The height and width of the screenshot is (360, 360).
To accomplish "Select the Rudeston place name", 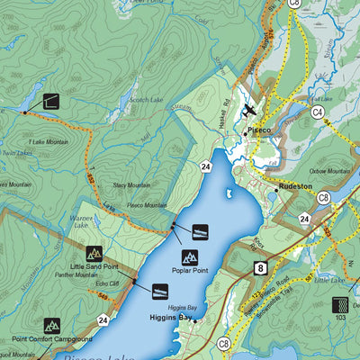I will [294, 186].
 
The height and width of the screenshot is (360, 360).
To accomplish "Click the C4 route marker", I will [318, 112].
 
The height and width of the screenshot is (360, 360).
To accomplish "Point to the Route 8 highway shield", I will [259, 267].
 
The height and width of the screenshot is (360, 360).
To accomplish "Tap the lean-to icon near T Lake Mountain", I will [49, 102].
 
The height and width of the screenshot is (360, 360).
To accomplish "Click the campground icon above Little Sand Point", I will [94, 254].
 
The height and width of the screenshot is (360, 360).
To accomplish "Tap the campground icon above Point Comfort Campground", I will [51, 325].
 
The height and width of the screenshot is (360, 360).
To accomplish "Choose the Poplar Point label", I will [188, 269].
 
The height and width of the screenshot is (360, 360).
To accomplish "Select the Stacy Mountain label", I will [131, 185].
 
